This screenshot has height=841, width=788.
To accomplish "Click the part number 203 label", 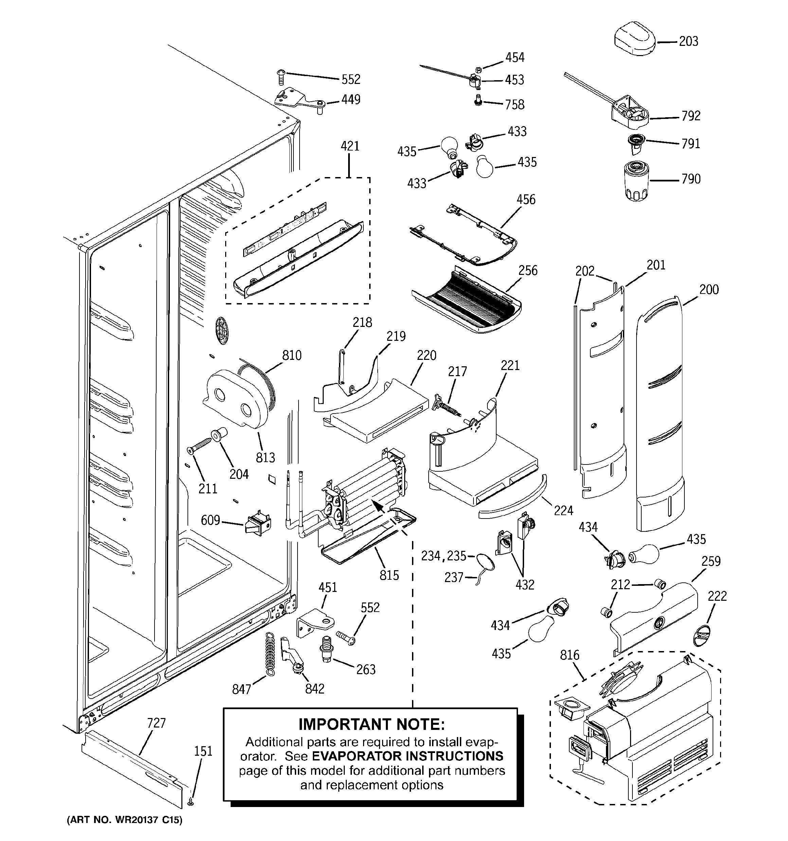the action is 688,41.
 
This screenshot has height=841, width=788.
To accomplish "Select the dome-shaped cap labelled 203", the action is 635,40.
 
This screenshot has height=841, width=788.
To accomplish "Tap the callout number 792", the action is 691,116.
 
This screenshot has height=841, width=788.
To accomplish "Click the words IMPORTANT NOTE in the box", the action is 371,724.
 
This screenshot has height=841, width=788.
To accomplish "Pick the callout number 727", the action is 157,723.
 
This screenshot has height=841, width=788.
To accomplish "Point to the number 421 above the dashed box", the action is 350,146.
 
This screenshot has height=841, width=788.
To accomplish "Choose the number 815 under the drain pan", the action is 389,575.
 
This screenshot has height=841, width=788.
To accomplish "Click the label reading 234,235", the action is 443,556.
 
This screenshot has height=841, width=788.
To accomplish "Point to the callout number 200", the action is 709,290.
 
